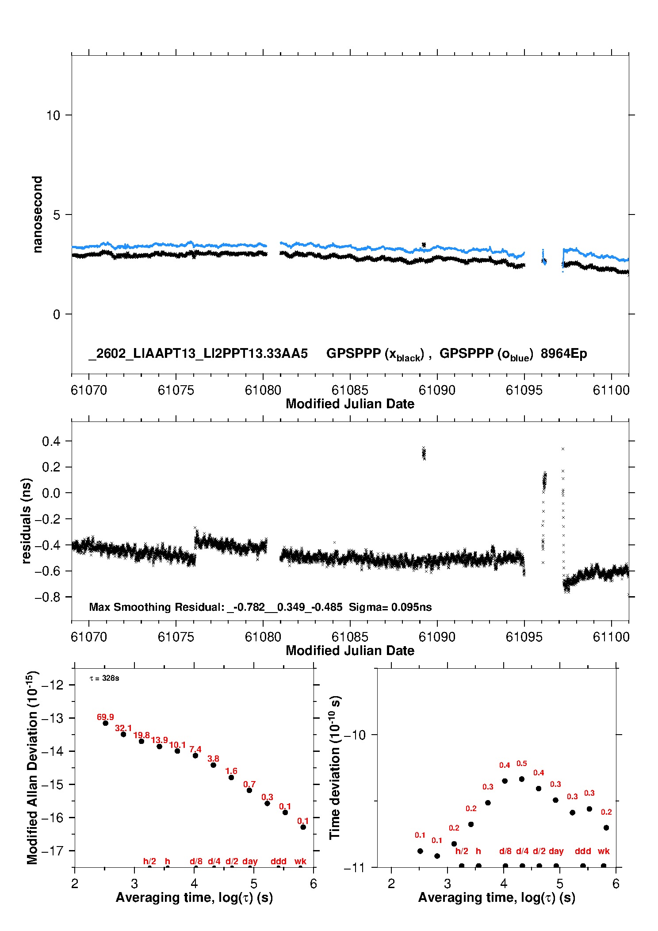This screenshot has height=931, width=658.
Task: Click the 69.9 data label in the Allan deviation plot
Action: click(x=105, y=717)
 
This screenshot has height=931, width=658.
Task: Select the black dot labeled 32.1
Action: click(x=123, y=734)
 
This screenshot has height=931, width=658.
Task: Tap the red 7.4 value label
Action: click(x=195, y=749)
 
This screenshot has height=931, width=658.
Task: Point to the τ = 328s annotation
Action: click(x=104, y=678)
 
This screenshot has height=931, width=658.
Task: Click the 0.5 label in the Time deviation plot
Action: click(x=521, y=763)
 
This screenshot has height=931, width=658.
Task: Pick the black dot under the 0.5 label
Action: click(x=521, y=779)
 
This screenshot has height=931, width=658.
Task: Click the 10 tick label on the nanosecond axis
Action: click(x=53, y=115)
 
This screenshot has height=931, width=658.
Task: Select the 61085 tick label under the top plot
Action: click(x=350, y=390)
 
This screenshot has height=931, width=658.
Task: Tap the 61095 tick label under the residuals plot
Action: click(x=524, y=637)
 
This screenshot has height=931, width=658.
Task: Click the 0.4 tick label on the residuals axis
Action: click(x=51, y=441)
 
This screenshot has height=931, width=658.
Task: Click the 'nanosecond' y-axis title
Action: click(x=37, y=215)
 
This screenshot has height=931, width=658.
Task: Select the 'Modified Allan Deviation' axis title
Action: click(x=33, y=767)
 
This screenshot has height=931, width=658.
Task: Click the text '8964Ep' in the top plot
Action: click(x=564, y=353)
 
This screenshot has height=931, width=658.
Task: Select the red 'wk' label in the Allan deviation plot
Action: click(x=300, y=861)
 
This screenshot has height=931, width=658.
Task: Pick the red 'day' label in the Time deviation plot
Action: click(x=556, y=851)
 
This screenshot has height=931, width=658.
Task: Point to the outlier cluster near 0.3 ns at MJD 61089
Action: click(x=424, y=453)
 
